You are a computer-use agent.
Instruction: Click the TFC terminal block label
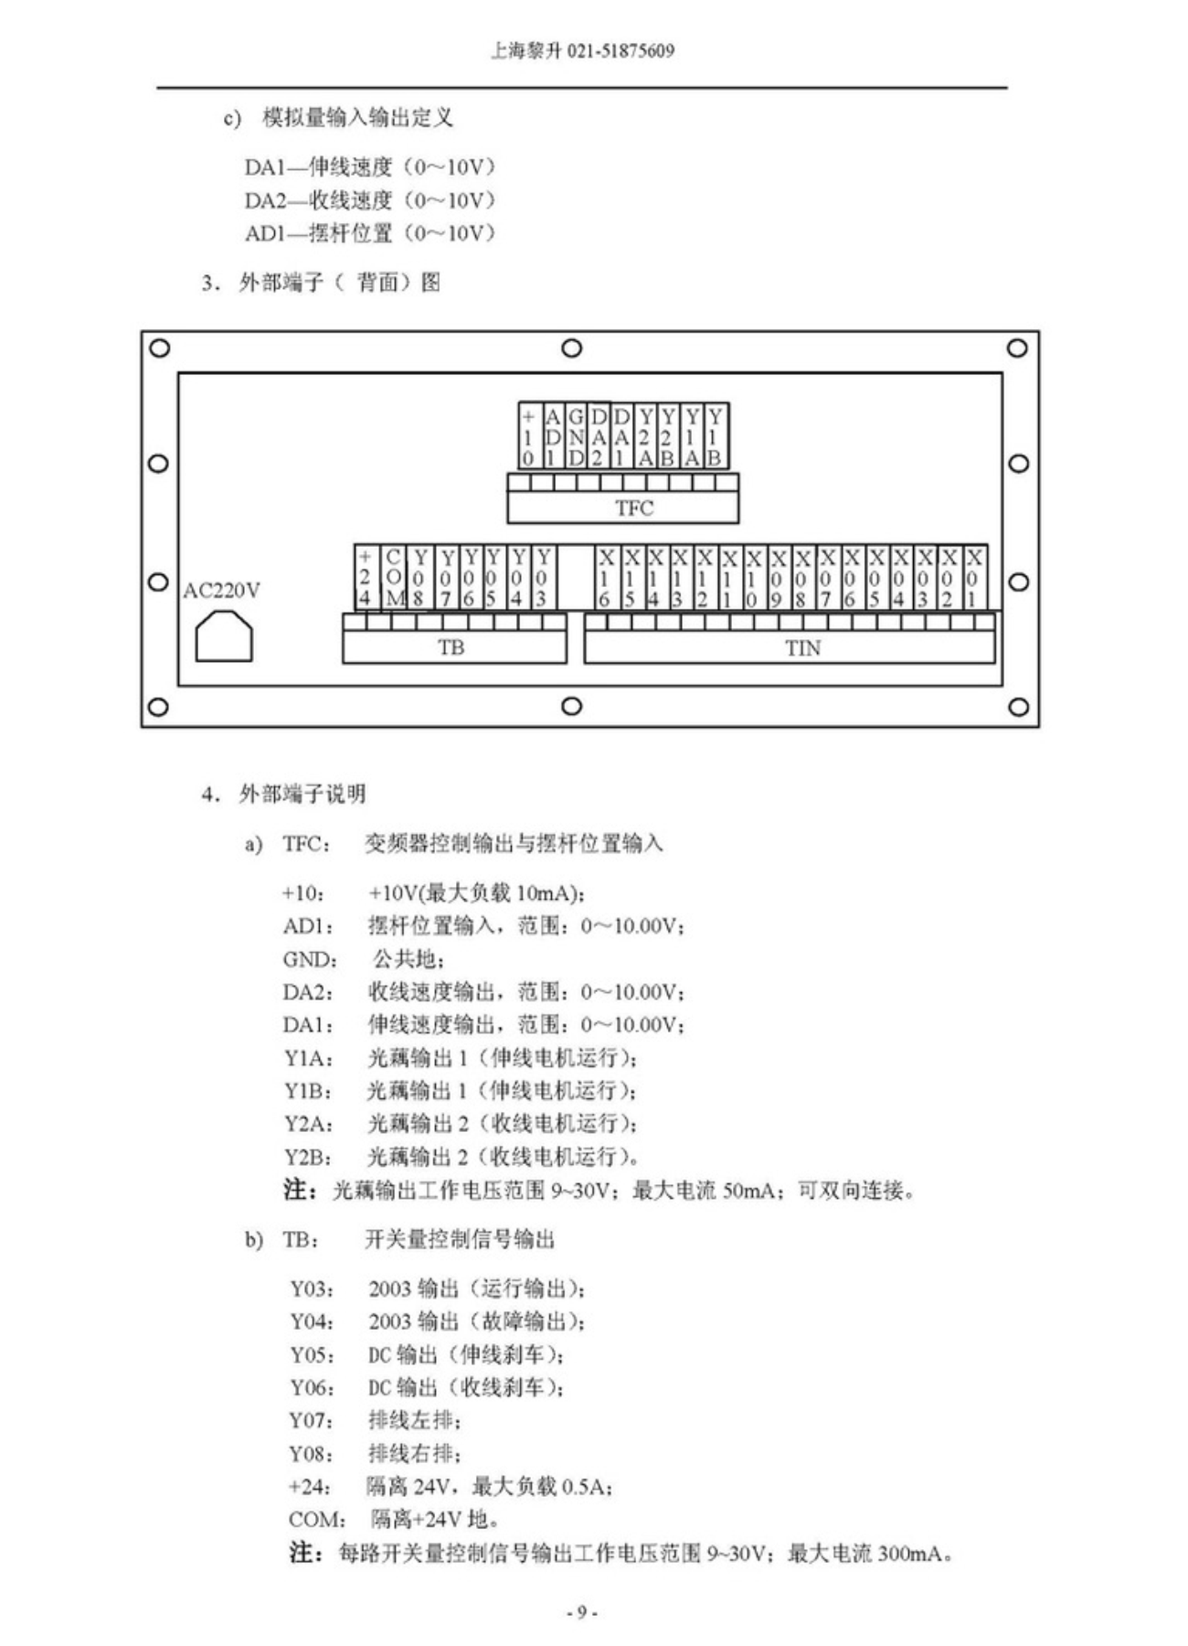(x=633, y=508)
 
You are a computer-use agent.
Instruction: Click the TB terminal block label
(x=451, y=647)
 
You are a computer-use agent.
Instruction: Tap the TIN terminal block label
(x=802, y=647)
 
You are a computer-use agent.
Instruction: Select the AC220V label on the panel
(x=221, y=591)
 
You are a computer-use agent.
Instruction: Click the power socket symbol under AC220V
(x=224, y=636)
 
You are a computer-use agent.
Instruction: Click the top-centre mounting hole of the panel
(x=571, y=348)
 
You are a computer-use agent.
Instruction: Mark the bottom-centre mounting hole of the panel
(x=571, y=706)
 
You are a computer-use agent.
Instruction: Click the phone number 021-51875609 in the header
(x=621, y=51)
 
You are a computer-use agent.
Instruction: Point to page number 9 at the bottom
(x=581, y=1612)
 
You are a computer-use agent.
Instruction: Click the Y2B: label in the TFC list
(x=308, y=1158)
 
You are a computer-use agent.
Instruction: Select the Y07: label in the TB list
(x=312, y=1421)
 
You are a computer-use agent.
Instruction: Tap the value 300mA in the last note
(x=911, y=1554)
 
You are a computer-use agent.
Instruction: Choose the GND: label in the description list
(x=310, y=959)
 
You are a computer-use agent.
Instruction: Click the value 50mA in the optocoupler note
(x=751, y=1191)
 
